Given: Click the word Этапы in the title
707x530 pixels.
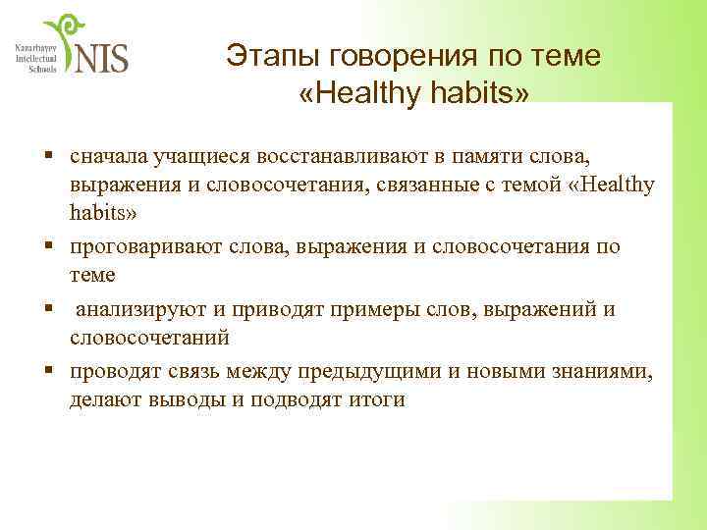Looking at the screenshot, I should [x=264, y=58].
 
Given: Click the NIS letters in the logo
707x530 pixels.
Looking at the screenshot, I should [x=101, y=57].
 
